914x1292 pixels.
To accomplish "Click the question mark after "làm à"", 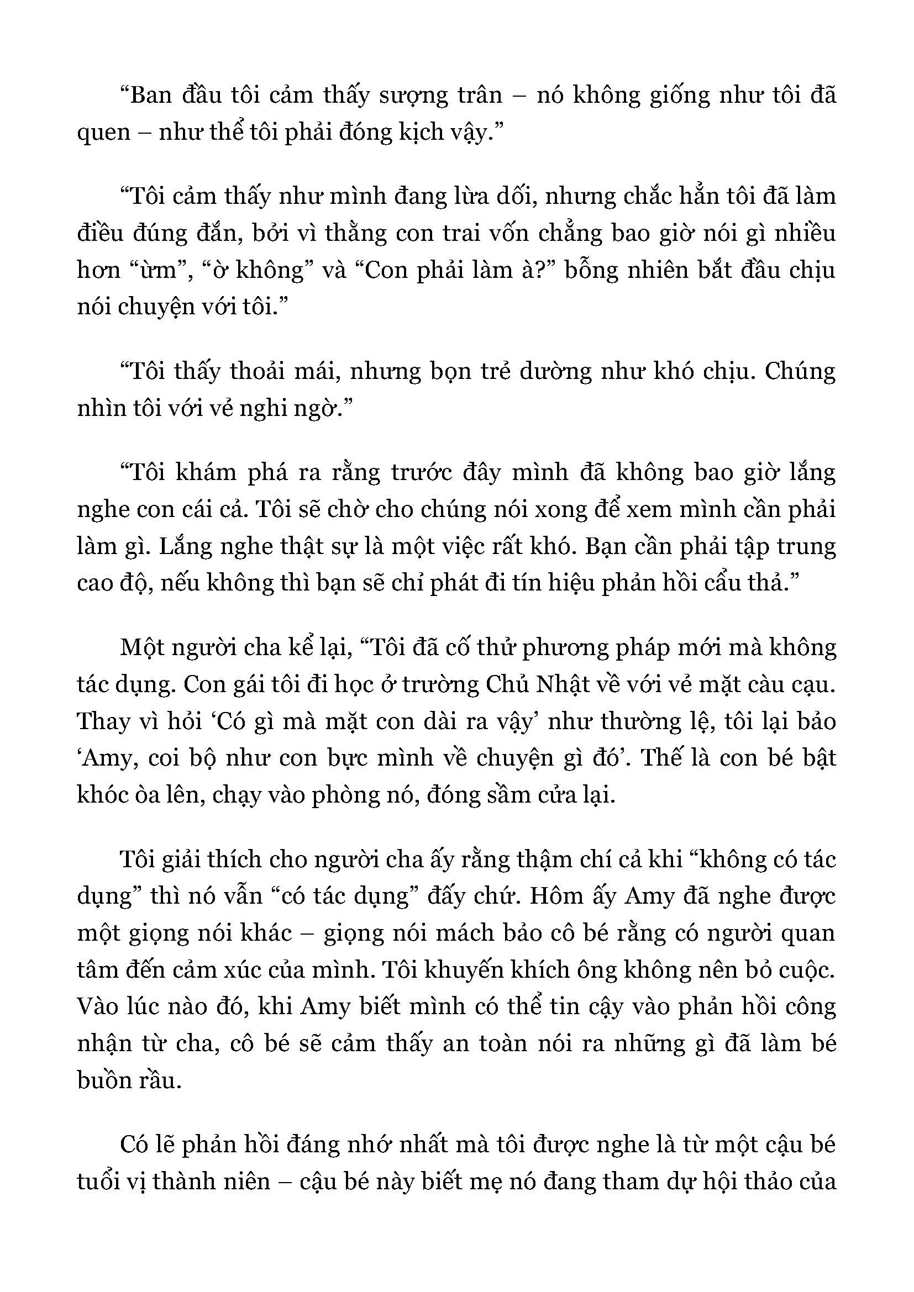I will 549,271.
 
